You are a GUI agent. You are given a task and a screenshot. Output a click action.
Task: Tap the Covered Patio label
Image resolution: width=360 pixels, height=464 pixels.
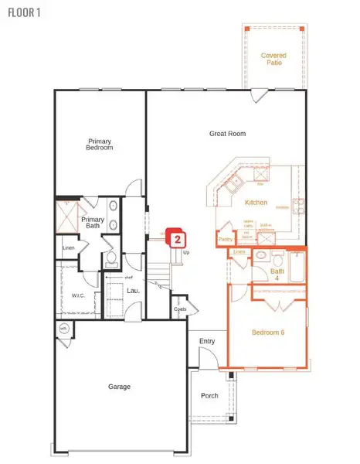pos(273,59)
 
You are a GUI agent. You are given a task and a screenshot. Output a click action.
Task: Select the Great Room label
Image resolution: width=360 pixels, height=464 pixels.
pos(227,134)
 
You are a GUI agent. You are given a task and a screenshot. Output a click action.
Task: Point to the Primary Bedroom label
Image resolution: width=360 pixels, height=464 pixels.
pos(100,145)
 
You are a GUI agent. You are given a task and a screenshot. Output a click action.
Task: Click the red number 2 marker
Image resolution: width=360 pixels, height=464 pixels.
pos(177,239)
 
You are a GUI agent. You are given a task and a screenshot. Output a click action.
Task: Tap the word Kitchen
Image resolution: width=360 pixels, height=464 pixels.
pos(256,203)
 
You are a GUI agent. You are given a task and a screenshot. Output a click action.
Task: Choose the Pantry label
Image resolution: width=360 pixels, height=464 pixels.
pos(225,240)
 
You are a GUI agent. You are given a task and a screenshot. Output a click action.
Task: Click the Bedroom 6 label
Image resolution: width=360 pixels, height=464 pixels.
pos(268,333)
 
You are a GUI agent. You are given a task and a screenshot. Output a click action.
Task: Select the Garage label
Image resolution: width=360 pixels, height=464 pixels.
pos(119,387)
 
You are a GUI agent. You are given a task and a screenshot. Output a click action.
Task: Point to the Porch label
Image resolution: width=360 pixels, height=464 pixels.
pos(209,395)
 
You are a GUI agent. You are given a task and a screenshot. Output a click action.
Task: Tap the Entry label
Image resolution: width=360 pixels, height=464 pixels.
pos(207,341)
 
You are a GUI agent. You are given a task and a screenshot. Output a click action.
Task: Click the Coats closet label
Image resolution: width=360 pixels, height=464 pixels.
pos(180,309)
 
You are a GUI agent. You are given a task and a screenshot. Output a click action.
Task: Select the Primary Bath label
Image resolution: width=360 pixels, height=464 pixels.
pos(93,223)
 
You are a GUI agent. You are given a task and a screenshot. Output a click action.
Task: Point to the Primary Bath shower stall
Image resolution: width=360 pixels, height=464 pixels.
pos(68,217)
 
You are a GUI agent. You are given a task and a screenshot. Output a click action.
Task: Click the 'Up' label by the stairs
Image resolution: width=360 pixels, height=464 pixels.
pos(187,252)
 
